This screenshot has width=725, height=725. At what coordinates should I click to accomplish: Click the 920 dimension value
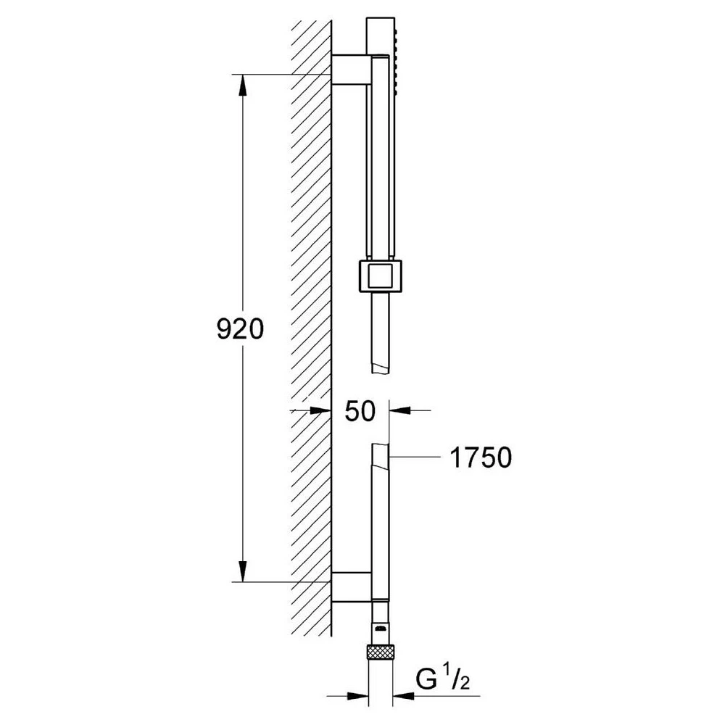coord(240,329)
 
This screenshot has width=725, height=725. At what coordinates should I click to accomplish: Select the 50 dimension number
coord(360,410)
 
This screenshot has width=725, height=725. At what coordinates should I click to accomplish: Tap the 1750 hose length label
coord(481,457)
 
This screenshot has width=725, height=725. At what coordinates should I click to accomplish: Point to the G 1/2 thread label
coord(442,679)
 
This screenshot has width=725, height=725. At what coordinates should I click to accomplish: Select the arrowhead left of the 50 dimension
coord(320,410)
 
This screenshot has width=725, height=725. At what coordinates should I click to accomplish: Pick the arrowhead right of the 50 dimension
coord(400,410)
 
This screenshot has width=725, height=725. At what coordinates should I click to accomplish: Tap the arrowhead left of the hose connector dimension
coord(357,695)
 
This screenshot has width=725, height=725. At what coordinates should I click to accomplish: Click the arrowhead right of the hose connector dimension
coord(403,695)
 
